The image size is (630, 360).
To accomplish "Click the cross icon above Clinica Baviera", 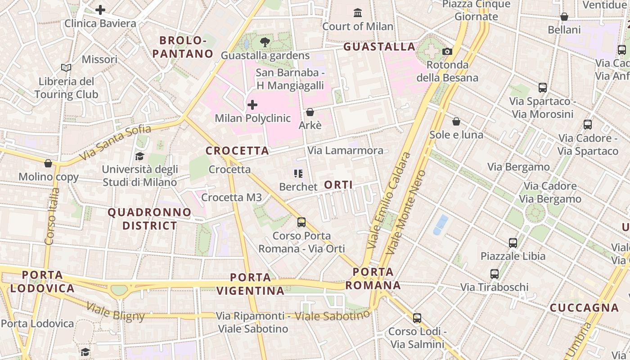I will tap(100, 9).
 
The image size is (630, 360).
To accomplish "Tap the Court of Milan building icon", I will tap(358, 13).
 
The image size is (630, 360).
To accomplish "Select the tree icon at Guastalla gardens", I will tap(265, 42).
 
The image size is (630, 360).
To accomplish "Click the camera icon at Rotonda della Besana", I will tap(447, 51).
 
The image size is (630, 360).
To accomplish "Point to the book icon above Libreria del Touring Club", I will tap(66, 68).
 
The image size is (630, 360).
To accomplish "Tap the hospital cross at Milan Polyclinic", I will tap(252, 105).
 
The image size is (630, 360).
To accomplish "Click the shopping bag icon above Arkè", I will tap(310, 112).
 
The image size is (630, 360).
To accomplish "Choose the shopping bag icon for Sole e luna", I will tap(456, 121).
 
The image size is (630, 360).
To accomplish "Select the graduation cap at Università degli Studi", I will tap(139, 156).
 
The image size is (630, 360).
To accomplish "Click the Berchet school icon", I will tap(298, 173).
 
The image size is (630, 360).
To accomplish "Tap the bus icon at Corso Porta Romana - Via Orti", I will tap(301, 222).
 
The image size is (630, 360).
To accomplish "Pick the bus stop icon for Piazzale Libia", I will tap(513, 243).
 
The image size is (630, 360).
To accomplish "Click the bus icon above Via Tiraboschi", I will tap(495, 274).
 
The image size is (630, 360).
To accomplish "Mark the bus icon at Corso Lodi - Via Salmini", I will tap(417, 318).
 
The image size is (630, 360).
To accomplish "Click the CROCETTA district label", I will tap(237, 151).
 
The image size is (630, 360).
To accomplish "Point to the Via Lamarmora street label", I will tap(345, 150).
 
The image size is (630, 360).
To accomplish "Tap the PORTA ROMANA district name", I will tap(373, 279).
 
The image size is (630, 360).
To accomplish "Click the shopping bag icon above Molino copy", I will tap(48, 163).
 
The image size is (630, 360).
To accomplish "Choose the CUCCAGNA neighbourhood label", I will tap(584, 308).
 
